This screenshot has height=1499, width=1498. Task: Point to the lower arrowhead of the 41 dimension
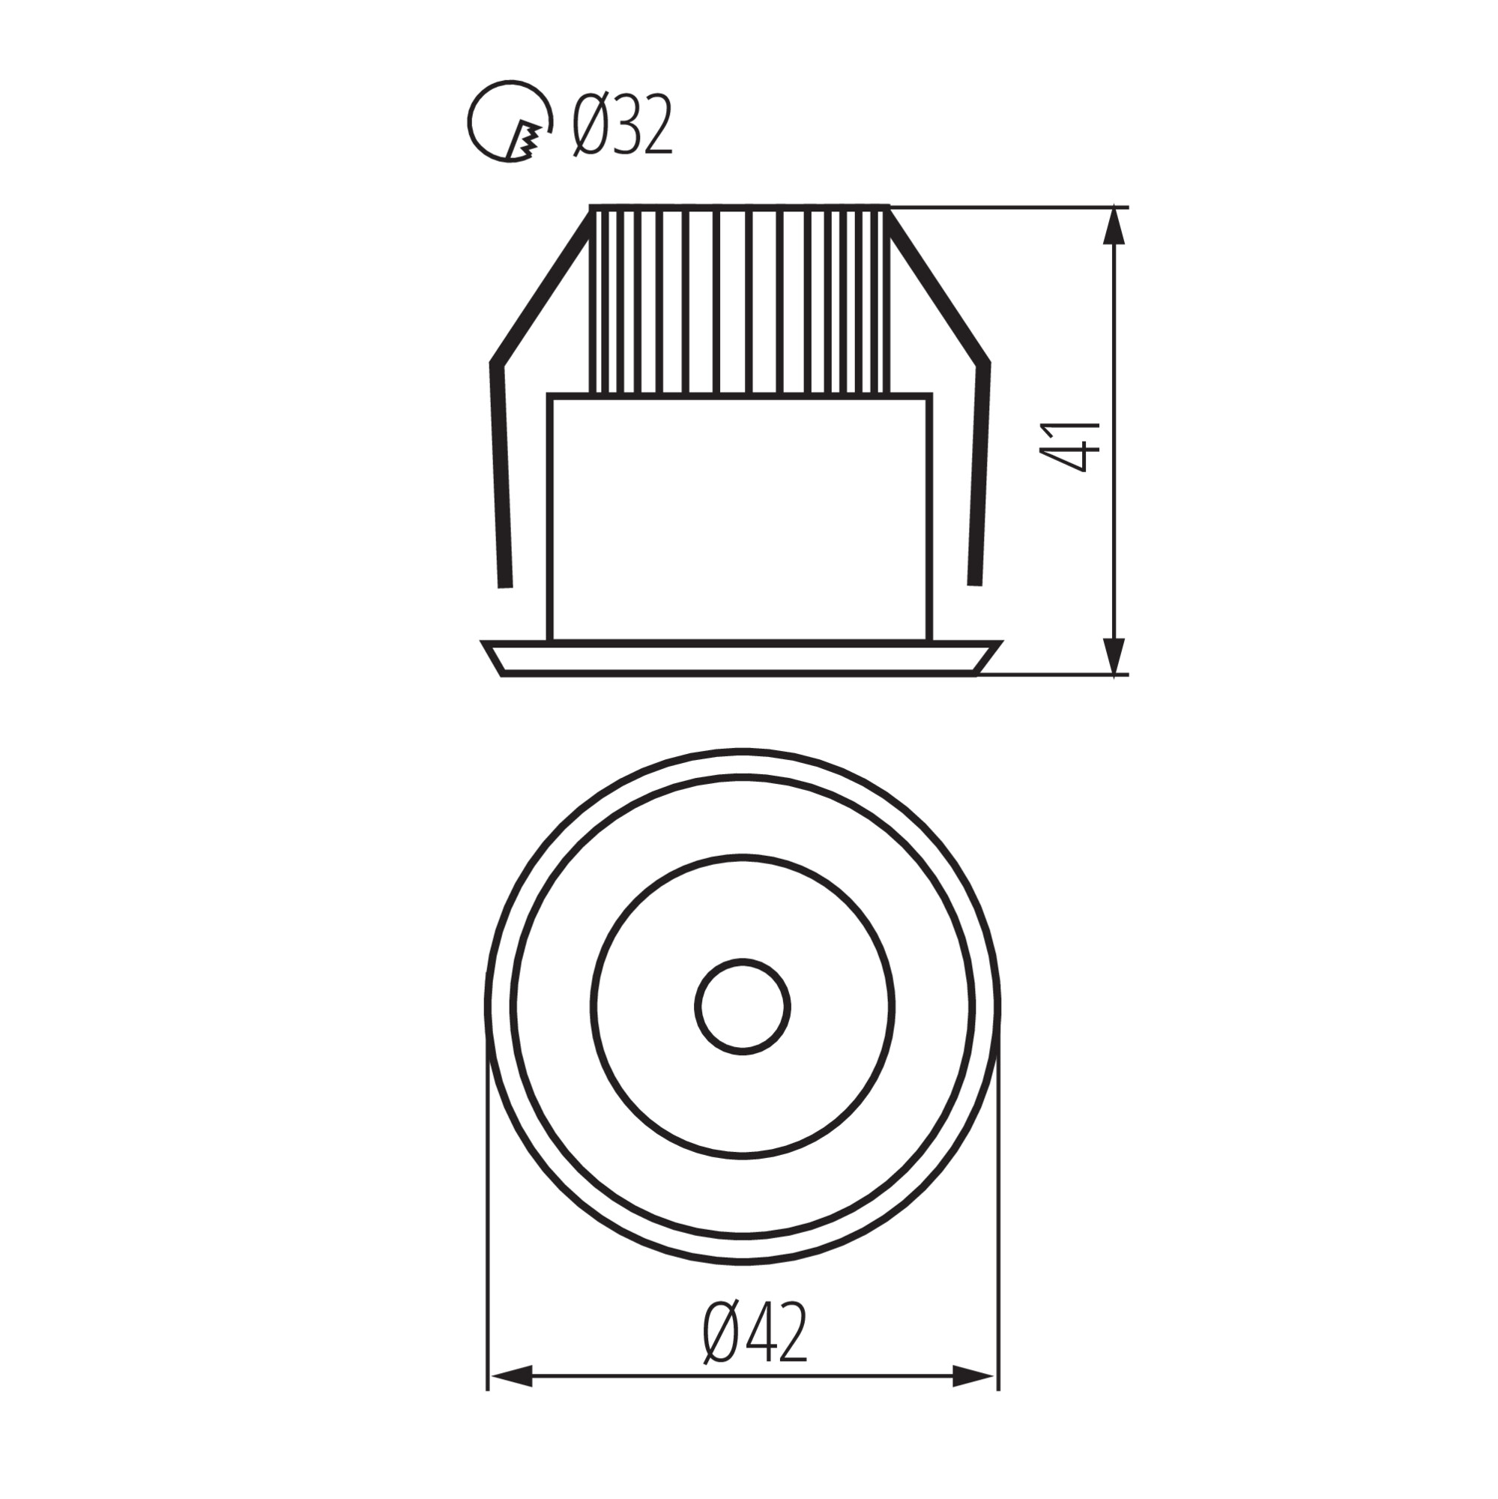tap(1115, 656)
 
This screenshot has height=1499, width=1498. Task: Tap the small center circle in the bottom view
tap(743, 1007)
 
